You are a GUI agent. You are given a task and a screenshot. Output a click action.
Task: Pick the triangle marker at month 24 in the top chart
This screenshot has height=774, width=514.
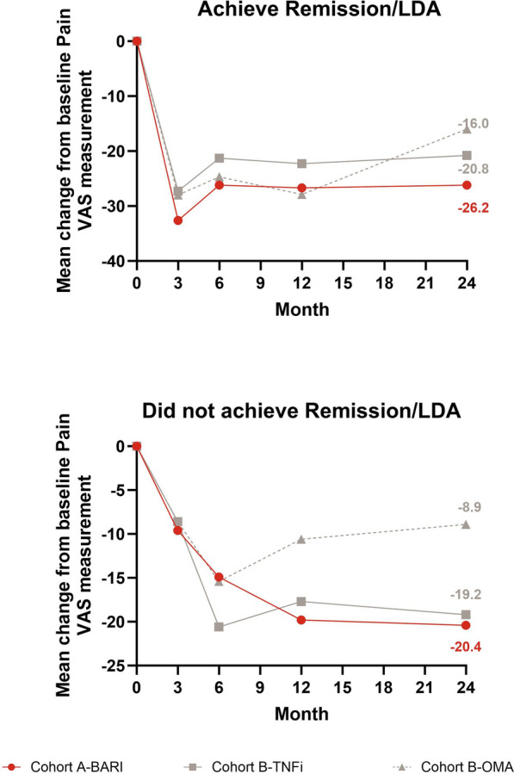[467, 129]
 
